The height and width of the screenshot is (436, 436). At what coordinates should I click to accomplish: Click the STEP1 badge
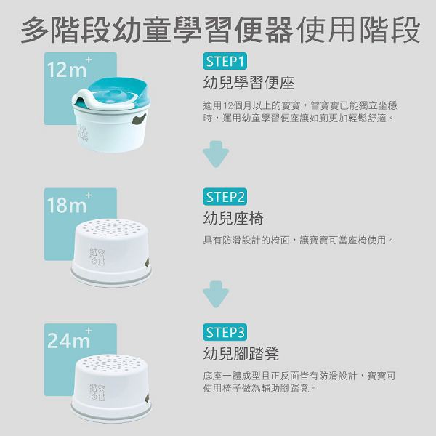[x=225, y=61]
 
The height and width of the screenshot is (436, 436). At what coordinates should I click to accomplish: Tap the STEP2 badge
[x=225, y=197]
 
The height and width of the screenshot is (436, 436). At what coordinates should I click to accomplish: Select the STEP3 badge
[x=225, y=332]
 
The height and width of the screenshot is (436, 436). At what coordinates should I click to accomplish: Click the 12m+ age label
[x=69, y=68]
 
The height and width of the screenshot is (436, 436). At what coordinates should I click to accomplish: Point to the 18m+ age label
[x=69, y=203]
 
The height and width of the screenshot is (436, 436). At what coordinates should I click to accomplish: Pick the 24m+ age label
[x=69, y=339]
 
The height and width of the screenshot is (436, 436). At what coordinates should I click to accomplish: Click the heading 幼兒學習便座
[x=249, y=83]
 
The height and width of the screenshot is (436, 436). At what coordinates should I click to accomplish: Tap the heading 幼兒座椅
[x=233, y=218]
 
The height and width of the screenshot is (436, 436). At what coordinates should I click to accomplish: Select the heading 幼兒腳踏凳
[x=241, y=354]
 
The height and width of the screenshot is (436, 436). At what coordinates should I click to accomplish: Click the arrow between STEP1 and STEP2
[x=216, y=154]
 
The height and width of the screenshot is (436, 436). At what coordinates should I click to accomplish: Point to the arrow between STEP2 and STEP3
[x=216, y=294]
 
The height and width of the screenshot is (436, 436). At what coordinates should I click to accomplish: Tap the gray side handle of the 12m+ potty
[x=139, y=118]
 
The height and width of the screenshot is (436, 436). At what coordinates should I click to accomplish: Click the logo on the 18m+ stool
[x=97, y=257]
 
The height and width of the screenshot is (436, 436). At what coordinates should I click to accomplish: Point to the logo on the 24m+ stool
[x=97, y=392]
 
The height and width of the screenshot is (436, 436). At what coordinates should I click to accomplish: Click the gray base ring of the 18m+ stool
[x=111, y=280]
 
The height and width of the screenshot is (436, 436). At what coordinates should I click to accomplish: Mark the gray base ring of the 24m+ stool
[x=111, y=416]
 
